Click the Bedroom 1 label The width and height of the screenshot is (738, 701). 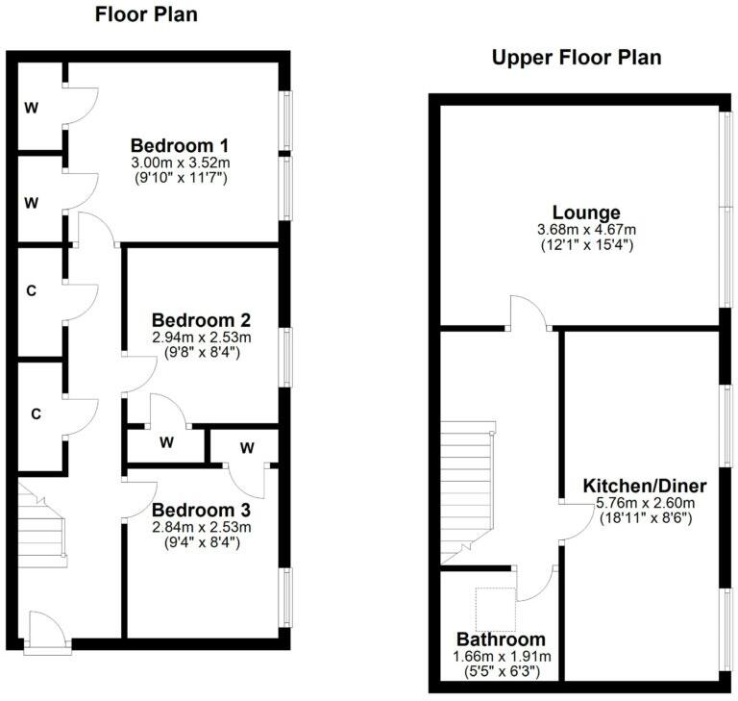click(x=181, y=146)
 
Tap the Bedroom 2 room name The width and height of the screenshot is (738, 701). click(x=202, y=320)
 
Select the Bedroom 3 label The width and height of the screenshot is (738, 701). click(x=202, y=510)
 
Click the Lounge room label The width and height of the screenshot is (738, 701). click(x=585, y=213)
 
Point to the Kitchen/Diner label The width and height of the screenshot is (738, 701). click(x=646, y=486)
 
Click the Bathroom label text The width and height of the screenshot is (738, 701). click(x=501, y=639)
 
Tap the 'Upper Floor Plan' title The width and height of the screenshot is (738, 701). click(x=577, y=58)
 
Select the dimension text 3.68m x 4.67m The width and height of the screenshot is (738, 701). click(x=585, y=229)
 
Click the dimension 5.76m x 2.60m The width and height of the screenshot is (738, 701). click(x=646, y=502)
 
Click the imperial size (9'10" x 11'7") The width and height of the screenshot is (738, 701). click(x=181, y=178)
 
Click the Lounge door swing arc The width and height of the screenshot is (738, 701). click(x=528, y=313)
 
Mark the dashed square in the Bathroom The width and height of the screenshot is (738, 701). click(x=496, y=609)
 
